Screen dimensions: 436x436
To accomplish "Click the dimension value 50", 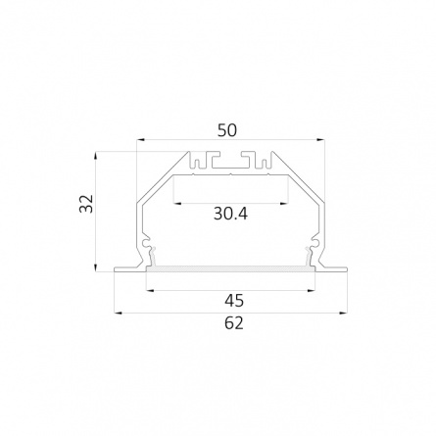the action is click(x=227, y=130).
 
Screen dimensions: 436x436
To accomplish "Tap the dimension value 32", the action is click(x=86, y=204).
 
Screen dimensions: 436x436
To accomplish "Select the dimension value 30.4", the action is click(x=230, y=214).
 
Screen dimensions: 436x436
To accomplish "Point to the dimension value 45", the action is click(x=234, y=301).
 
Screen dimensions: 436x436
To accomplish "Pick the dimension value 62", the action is click(x=234, y=323).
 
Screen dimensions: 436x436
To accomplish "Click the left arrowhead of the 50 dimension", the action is click(x=140, y=140).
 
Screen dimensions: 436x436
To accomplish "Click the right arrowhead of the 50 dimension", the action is click(x=320, y=140).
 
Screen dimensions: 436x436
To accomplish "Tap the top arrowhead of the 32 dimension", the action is click(x=95, y=156).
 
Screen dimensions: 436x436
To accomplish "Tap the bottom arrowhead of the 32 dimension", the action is click(x=95, y=267).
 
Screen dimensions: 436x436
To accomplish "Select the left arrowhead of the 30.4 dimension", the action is click(x=177, y=204).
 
